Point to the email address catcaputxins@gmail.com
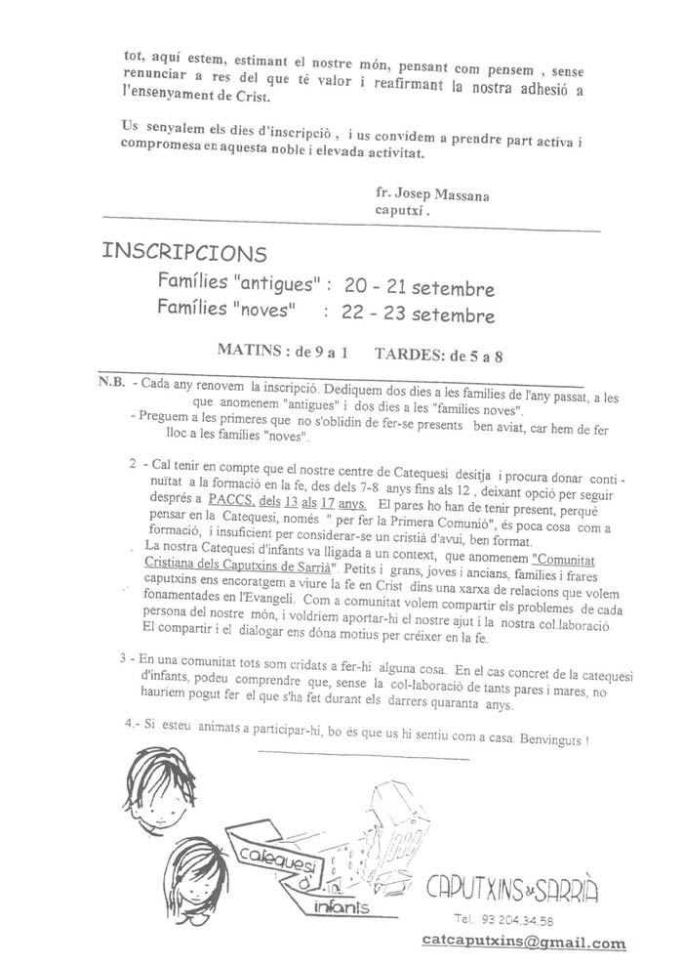[x=525, y=943]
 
